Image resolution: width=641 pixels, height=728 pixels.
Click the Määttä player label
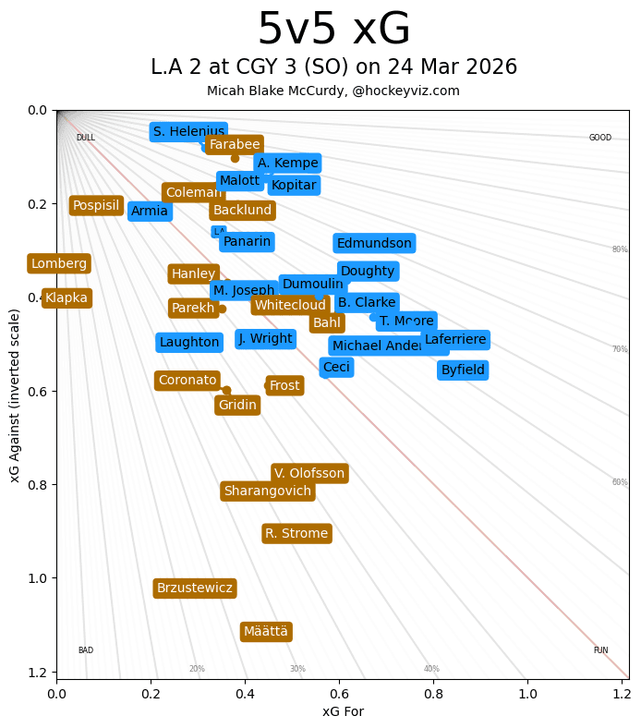[x=266, y=632]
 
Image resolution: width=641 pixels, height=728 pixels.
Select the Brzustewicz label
[x=195, y=588]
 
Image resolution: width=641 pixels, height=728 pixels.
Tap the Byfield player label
[x=463, y=370]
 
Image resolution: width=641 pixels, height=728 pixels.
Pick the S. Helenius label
[x=188, y=132]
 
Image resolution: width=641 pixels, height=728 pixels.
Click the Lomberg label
[x=59, y=264]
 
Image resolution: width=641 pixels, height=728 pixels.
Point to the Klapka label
[x=67, y=297]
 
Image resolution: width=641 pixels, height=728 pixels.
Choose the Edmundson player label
[x=374, y=244]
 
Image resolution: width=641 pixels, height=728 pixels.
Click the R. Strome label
[x=296, y=534]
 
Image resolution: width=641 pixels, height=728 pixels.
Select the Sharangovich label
[x=268, y=491]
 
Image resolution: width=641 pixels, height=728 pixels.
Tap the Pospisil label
[x=96, y=206]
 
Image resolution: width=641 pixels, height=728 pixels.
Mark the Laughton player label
[x=189, y=343]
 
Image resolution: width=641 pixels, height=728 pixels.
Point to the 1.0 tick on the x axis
[x=527, y=692]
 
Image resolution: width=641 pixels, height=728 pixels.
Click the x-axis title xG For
[x=343, y=711]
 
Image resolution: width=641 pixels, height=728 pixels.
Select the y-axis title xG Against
[x=15, y=394]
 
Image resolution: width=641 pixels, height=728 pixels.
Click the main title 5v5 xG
[x=333, y=30]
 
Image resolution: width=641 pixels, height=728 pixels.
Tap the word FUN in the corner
[x=600, y=650]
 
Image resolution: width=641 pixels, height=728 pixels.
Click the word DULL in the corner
[x=85, y=138]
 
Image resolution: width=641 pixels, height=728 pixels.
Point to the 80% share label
[x=619, y=249]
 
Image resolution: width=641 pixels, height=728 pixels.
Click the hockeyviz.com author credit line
[x=333, y=91]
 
